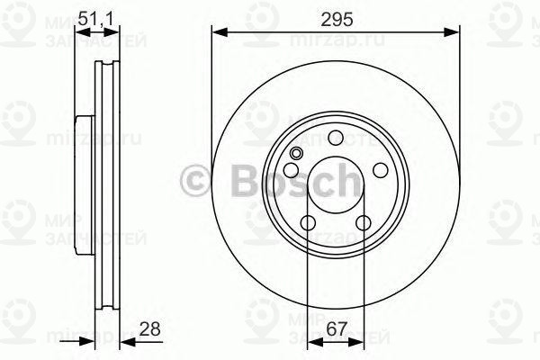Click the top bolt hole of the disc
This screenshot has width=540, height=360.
pos(336,138)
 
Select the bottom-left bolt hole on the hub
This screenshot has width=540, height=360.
pos(308,223)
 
